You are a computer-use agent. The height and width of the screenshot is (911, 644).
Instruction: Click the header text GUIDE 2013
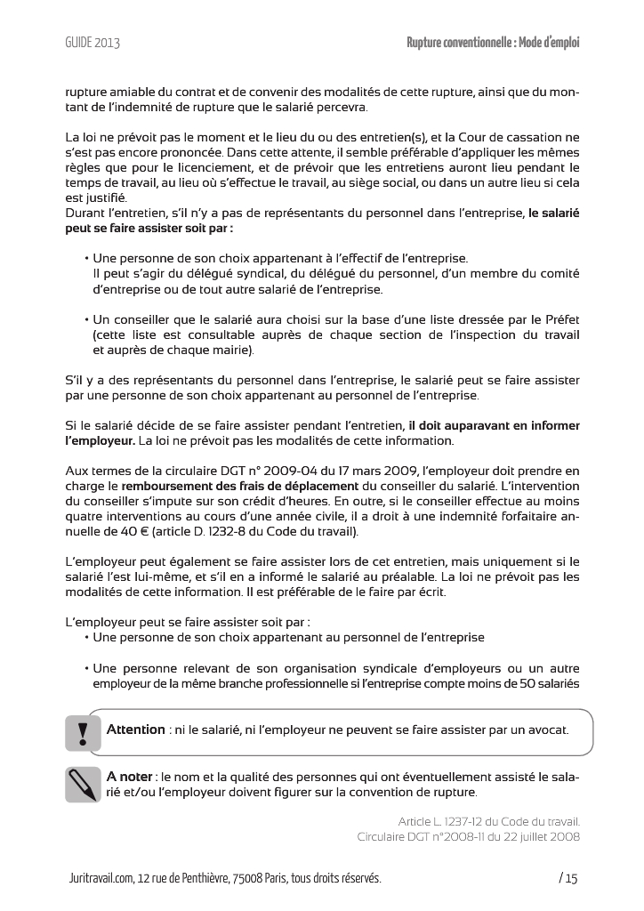(x=93, y=43)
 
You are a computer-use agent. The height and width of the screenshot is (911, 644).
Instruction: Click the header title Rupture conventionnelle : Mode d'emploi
(x=493, y=43)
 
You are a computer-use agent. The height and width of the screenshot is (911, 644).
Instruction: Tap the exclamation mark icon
(x=83, y=733)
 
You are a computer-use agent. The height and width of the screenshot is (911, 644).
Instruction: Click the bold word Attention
(x=135, y=730)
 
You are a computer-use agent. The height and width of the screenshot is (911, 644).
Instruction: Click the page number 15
(x=569, y=879)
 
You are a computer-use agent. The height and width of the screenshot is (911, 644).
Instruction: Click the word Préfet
(x=559, y=319)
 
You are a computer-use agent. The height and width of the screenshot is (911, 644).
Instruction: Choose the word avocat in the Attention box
(x=542, y=730)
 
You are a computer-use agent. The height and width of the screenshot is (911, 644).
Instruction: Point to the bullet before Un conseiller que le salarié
(x=86, y=319)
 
